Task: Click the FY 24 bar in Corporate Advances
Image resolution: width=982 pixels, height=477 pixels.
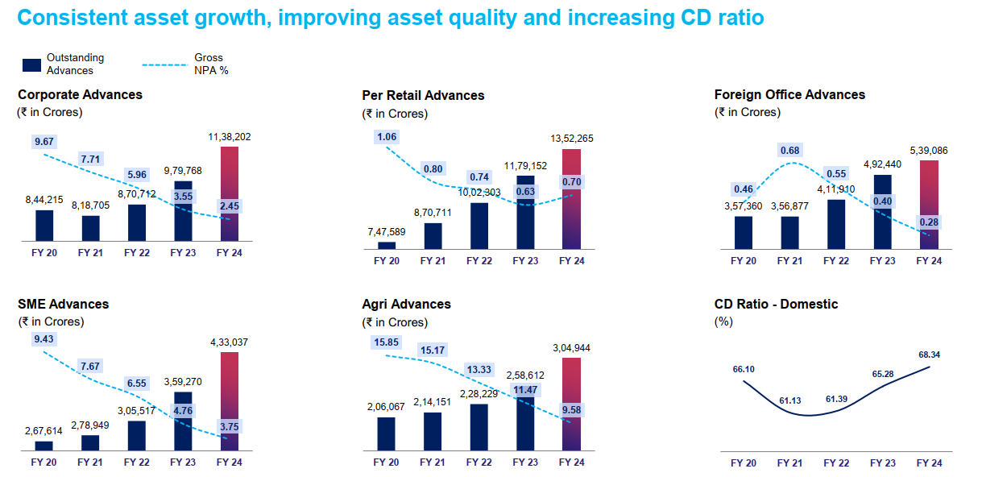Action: click(230, 193)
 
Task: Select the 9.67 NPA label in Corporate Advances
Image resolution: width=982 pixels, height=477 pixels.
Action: click(44, 142)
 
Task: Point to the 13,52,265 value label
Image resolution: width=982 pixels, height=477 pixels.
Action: click(572, 139)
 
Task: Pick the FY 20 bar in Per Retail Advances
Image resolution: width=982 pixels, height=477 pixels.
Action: click(387, 245)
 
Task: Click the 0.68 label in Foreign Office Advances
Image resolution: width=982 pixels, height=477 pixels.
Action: click(790, 151)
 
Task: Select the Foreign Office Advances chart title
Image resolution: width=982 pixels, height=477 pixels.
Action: click(789, 95)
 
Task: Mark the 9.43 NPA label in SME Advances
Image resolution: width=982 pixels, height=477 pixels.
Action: click(44, 340)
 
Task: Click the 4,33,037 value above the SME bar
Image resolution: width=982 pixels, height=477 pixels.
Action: click(230, 342)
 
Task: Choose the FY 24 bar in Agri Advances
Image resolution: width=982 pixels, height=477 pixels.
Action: click(571, 403)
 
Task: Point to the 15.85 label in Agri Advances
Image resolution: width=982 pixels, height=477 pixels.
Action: click(387, 342)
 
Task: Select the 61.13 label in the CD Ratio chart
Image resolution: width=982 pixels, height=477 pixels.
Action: click(790, 400)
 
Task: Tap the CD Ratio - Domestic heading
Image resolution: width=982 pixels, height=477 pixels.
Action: click(776, 305)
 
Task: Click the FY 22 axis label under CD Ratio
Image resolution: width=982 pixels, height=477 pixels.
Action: click(836, 462)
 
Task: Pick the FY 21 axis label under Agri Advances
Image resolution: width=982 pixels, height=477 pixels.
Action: click(433, 462)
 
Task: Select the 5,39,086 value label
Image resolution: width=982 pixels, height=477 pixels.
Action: click(929, 150)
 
